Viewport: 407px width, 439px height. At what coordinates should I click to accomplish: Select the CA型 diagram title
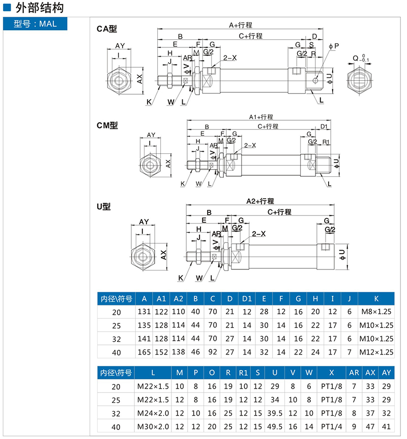(x=107, y=29)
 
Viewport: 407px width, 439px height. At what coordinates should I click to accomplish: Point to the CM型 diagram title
(x=107, y=125)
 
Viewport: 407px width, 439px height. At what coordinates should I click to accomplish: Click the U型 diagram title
(x=104, y=206)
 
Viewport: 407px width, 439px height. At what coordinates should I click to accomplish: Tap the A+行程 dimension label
(x=241, y=24)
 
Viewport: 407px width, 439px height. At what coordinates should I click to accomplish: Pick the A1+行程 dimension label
(x=261, y=117)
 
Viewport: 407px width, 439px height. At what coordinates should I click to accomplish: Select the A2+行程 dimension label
(x=260, y=201)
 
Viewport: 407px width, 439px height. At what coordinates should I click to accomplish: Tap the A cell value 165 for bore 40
(x=144, y=351)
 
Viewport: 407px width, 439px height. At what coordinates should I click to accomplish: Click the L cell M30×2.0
(x=153, y=426)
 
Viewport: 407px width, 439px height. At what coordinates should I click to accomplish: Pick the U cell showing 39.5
(x=275, y=413)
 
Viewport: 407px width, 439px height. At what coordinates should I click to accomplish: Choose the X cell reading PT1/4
(x=331, y=426)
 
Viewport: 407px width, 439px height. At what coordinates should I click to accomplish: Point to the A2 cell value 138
(x=178, y=351)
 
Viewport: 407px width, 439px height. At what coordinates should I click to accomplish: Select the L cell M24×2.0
(x=153, y=413)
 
